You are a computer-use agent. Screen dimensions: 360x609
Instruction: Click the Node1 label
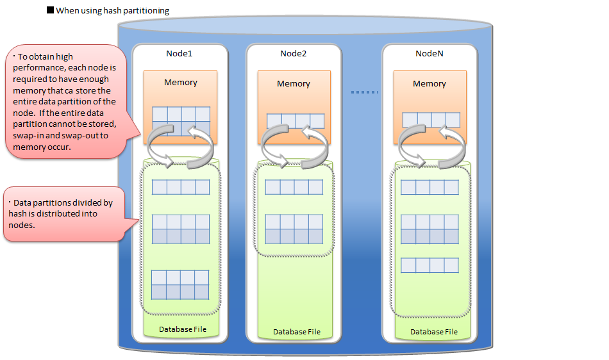pyautogui.click(x=179, y=53)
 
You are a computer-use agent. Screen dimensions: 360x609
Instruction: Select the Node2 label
pyautogui.click(x=294, y=53)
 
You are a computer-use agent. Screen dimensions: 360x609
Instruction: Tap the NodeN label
pyautogui.click(x=429, y=53)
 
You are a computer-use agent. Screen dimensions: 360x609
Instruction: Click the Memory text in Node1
pyautogui.click(x=180, y=82)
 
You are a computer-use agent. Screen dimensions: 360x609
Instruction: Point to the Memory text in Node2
pyautogui.click(x=294, y=83)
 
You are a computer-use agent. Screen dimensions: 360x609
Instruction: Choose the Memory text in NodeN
pyautogui.click(x=429, y=83)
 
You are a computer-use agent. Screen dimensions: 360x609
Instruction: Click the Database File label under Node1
pyautogui.click(x=183, y=329)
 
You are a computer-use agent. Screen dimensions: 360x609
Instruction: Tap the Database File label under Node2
pyautogui.click(x=296, y=332)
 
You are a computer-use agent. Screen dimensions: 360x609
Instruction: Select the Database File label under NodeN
pyautogui.click(x=434, y=332)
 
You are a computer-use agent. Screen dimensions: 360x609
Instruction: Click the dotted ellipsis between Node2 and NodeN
pyautogui.click(x=364, y=92)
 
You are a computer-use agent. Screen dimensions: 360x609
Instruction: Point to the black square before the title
pyautogui.click(x=51, y=10)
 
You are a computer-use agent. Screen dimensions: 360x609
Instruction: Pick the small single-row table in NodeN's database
pyautogui.click(x=430, y=265)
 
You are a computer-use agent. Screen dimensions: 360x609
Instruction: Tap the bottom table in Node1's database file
pyautogui.click(x=180, y=285)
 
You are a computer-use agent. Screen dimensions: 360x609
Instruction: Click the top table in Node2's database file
pyautogui.click(x=294, y=187)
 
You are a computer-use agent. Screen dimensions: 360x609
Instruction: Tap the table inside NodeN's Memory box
pyautogui.click(x=431, y=120)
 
